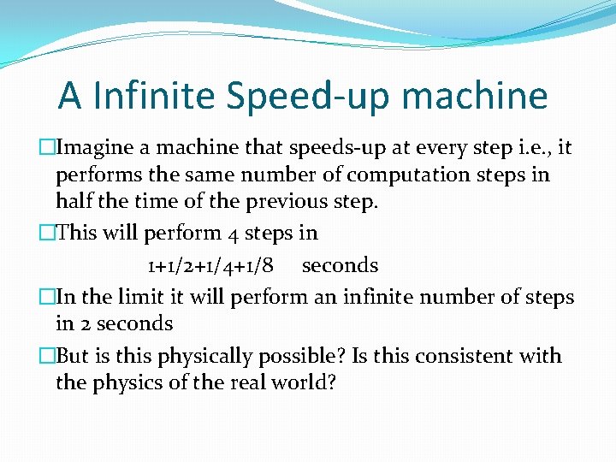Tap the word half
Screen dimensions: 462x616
(73, 202)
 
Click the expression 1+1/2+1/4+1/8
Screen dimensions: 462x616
(210, 265)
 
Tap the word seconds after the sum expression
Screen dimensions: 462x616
(340, 265)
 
